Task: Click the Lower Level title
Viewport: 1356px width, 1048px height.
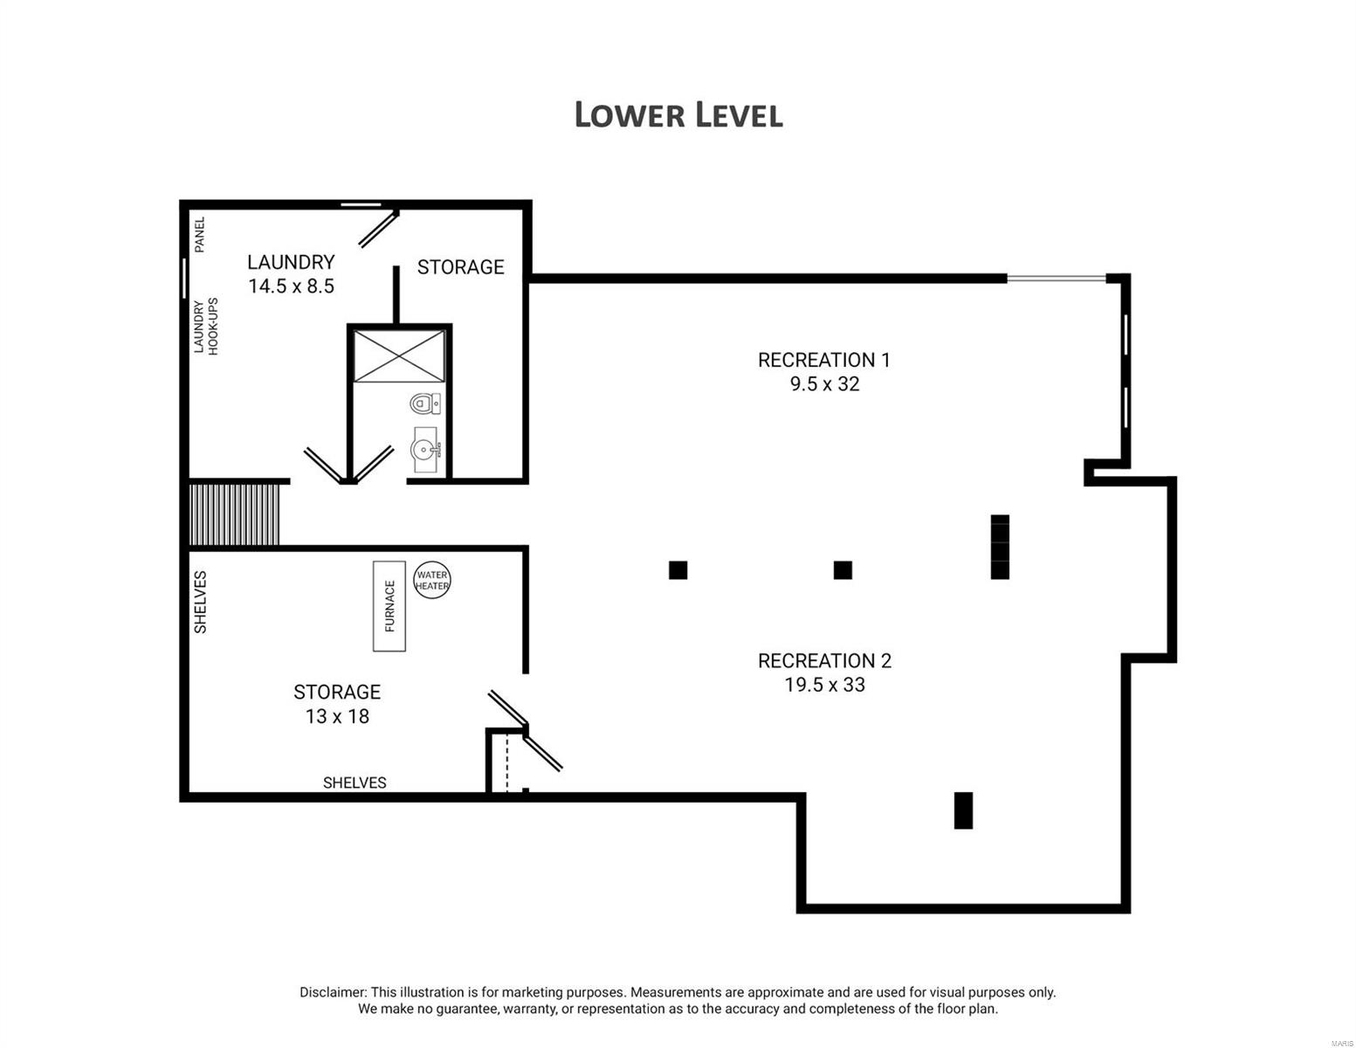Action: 678,115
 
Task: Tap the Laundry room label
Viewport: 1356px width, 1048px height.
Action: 291,262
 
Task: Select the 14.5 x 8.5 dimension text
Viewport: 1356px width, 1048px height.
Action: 291,286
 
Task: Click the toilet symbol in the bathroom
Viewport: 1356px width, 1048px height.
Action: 424,403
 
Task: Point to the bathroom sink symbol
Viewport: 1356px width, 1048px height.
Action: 425,450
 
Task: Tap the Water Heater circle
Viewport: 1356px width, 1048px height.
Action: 431,580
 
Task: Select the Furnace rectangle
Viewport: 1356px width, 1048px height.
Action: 389,606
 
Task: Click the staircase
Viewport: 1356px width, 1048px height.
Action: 234,514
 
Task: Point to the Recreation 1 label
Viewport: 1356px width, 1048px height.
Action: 824,360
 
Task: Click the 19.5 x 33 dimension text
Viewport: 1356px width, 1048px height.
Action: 824,685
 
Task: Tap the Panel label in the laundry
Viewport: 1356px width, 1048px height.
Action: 199,235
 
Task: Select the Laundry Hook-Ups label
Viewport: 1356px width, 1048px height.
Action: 206,326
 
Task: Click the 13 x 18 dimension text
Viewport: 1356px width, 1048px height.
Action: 337,716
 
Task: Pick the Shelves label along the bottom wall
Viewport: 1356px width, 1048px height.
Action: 354,783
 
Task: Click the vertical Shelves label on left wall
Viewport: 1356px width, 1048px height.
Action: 200,602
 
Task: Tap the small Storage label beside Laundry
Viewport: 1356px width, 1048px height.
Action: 460,267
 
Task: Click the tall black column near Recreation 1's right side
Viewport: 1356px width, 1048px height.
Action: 1000,547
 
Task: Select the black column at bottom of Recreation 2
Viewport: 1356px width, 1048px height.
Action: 963,810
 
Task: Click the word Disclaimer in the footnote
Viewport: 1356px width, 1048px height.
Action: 332,992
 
